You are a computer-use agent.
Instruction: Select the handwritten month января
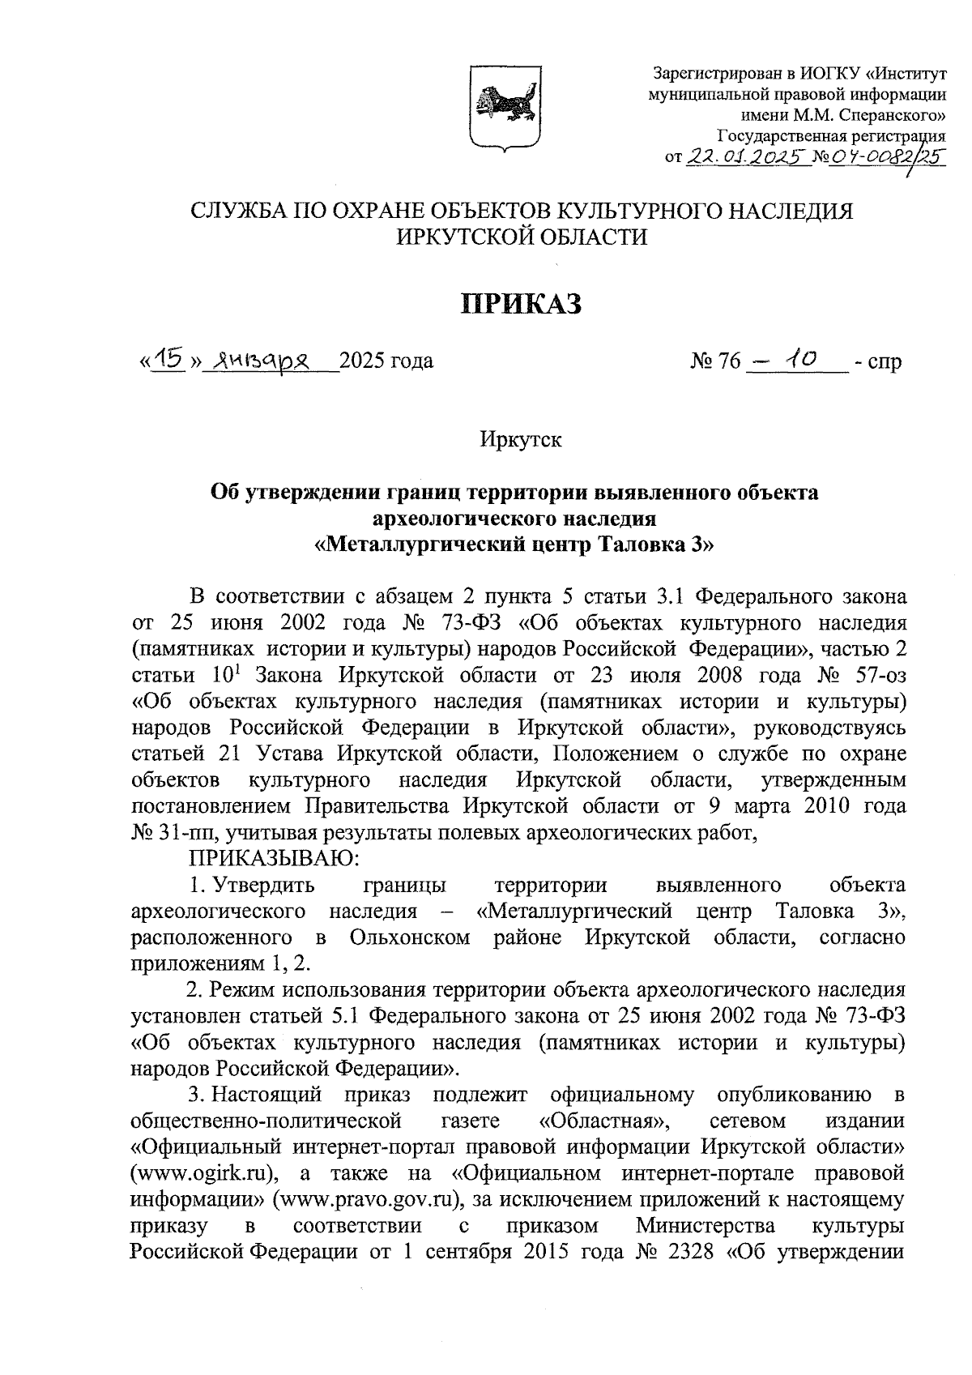point(250,359)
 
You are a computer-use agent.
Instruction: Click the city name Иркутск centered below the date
point(521,440)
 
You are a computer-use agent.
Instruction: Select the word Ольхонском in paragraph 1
point(410,937)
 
